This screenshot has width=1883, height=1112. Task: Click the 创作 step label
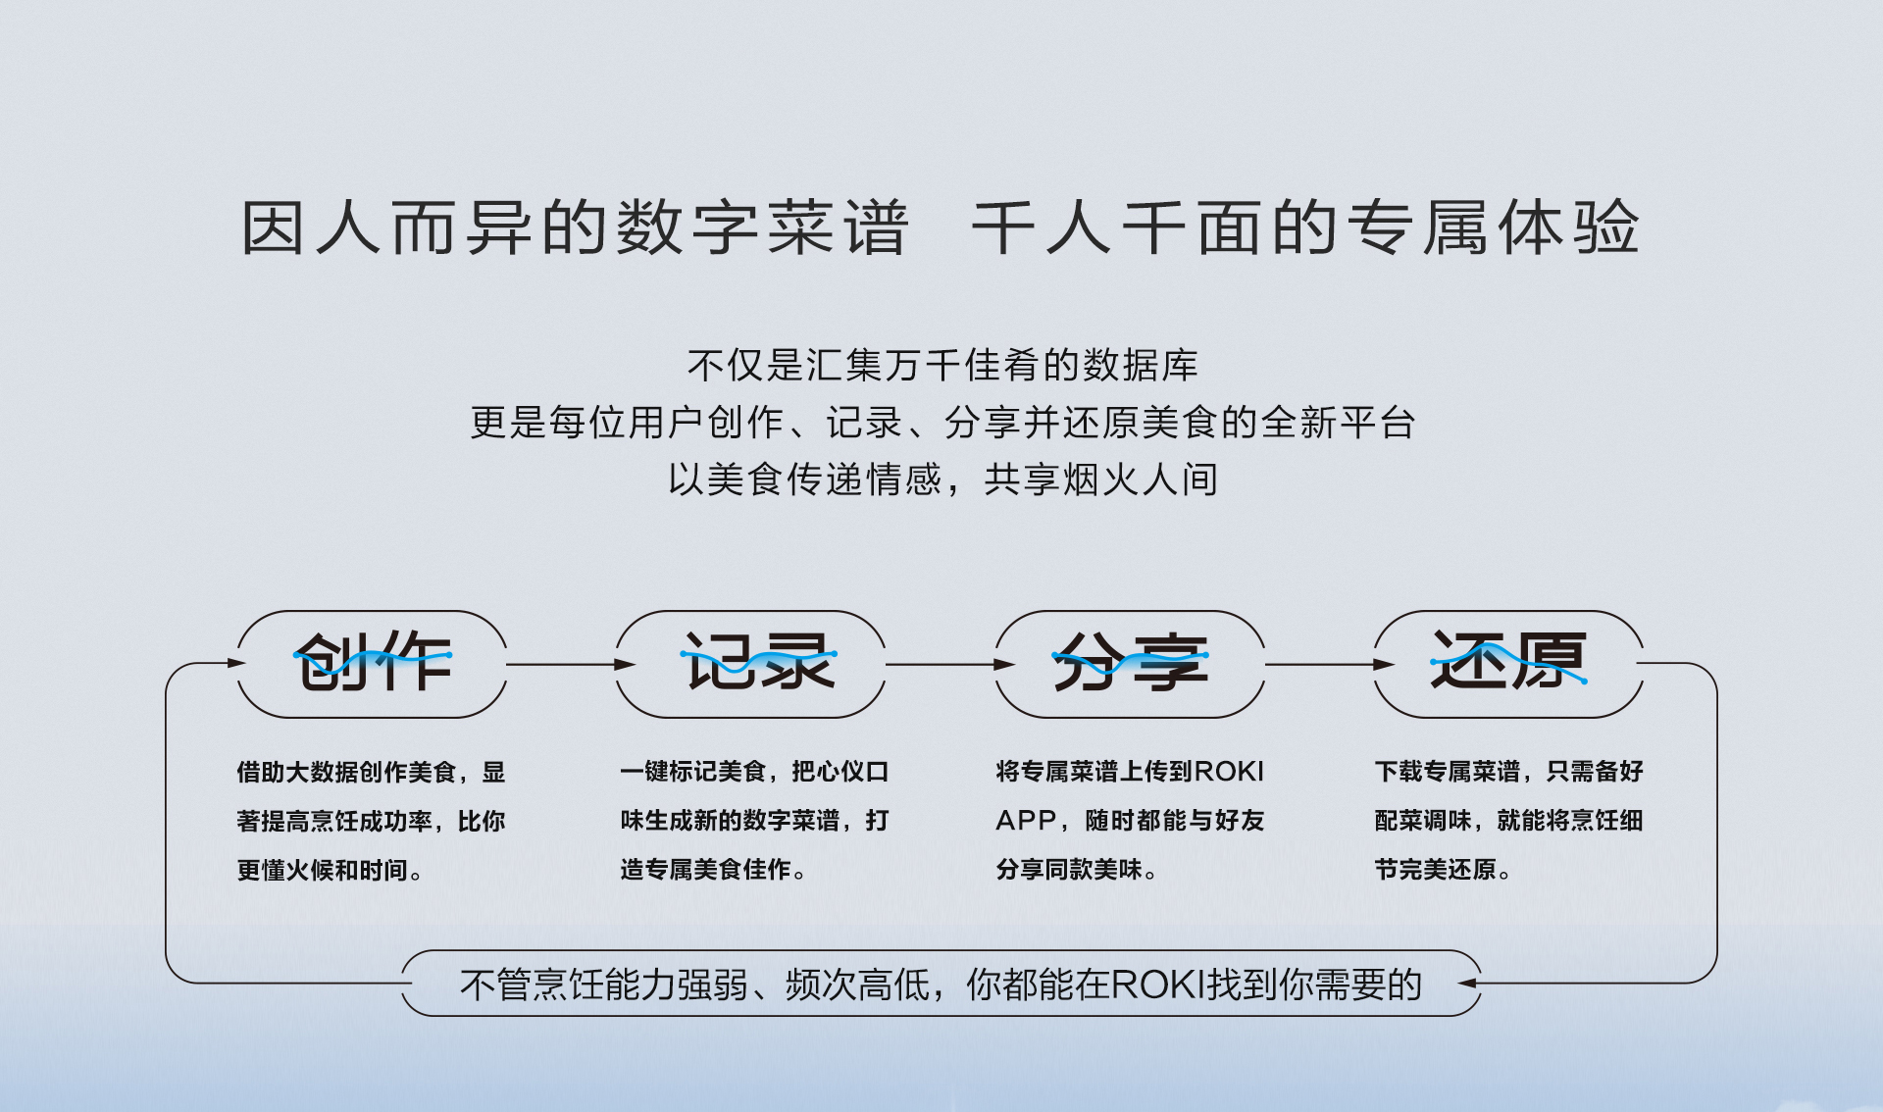[373, 662]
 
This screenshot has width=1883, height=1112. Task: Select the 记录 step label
[758, 661]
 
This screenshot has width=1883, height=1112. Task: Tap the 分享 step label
[1130, 662]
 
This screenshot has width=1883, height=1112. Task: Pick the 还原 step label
[1508, 660]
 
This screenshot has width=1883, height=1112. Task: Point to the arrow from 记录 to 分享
[949, 664]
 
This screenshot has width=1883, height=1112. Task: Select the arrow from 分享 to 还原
[1329, 664]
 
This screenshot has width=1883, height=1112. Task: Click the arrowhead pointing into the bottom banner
[1468, 983]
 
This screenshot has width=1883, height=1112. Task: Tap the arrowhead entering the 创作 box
[235, 663]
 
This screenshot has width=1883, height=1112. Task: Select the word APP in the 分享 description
[1025, 820]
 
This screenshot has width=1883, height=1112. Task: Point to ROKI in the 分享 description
[1229, 772]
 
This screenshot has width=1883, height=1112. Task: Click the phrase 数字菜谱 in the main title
[762, 227]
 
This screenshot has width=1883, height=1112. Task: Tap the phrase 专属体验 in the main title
[1492, 227]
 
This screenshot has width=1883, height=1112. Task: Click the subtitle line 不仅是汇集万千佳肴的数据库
[942, 366]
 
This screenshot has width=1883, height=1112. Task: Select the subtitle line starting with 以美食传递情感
[942, 480]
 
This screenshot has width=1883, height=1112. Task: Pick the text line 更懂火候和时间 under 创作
[330, 870]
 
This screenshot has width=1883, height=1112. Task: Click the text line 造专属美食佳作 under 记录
[713, 870]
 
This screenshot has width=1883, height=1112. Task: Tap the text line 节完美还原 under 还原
[1443, 870]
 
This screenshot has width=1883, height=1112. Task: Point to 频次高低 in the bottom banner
[856, 985]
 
